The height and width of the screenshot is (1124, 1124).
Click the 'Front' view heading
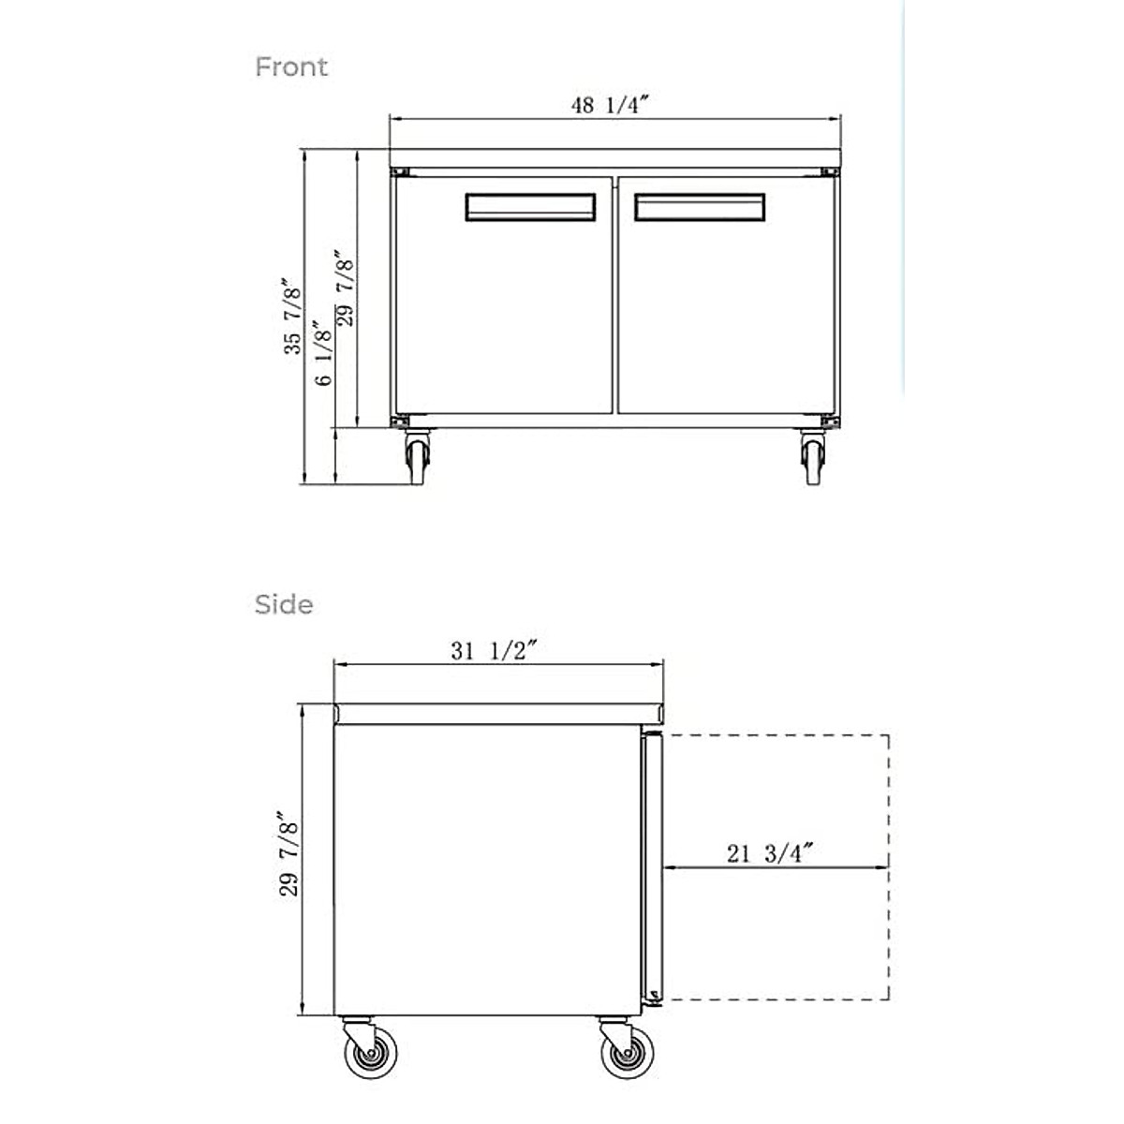[x=291, y=67]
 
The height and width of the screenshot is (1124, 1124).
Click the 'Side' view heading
[x=284, y=604]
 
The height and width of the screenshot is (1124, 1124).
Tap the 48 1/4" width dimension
[x=610, y=105]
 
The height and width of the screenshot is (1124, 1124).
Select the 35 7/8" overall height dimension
[x=294, y=316]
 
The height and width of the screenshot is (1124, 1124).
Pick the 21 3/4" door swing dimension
[x=768, y=853]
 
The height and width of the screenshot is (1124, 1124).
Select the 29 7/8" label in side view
[x=289, y=855]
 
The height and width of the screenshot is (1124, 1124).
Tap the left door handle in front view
[x=530, y=207]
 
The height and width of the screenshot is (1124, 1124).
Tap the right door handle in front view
[x=699, y=207]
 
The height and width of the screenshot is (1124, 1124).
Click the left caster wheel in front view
[x=416, y=459]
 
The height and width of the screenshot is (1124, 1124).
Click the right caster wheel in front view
[x=813, y=459]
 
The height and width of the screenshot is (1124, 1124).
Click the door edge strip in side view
[x=653, y=866]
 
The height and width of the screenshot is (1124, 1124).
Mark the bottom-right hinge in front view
[x=829, y=421]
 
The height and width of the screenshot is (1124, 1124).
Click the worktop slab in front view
[x=614, y=157]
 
